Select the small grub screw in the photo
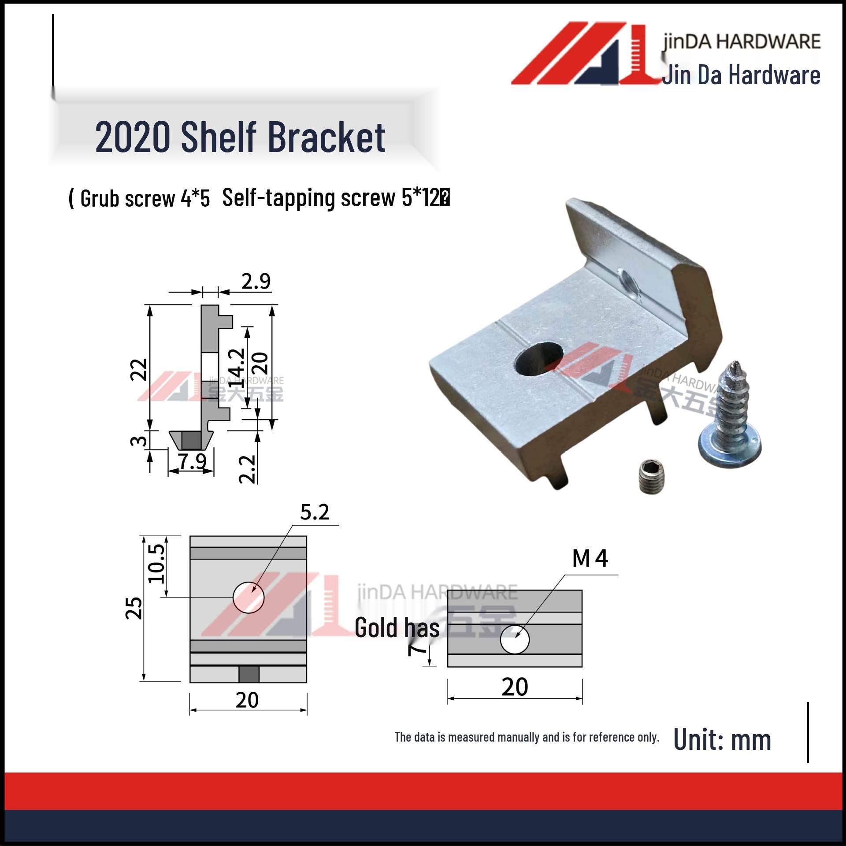tap(650, 477)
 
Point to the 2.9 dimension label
tap(256, 281)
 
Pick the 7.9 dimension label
tap(193, 461)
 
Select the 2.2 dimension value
tap(247, 469)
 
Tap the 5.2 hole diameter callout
tap(315, 512)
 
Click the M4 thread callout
tap(590, 559)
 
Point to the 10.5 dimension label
tap(156, 563)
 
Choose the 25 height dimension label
tap(134, 609)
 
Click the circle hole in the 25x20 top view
tap(249, 597)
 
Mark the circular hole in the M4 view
tap(515, 639)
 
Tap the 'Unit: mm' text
tap(722, 740)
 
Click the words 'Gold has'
tap(397, 628)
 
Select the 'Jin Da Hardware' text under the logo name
tap(741, 75)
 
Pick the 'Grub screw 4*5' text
tap(145, 198)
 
